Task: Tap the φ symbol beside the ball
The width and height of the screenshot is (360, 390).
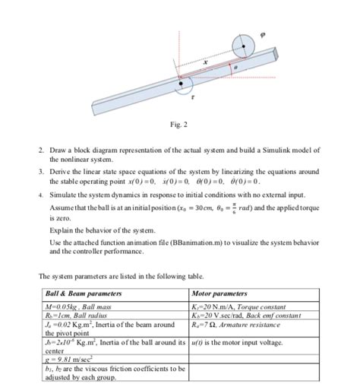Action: coord(264,33)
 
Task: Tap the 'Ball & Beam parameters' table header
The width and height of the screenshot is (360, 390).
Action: coord(79,293)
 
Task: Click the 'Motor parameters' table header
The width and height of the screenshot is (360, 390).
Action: coord(222,293)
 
